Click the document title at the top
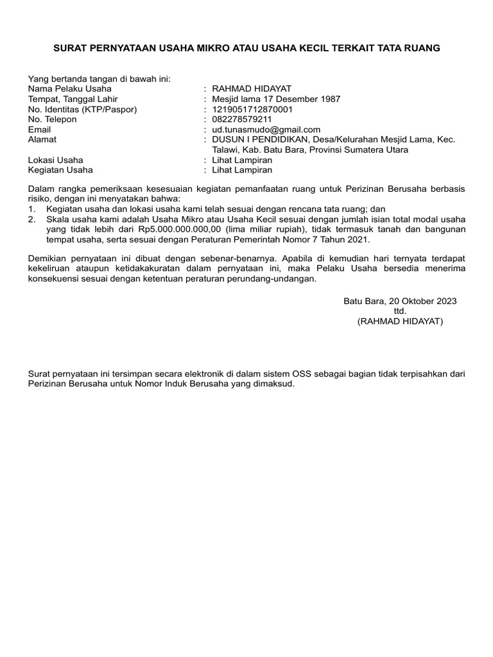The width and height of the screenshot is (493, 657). pyautogui.click(x=246, y=48)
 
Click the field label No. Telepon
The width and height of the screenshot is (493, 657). pyautogui.click(x=53, y=119)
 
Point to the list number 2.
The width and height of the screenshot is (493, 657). pyautogui.click(x=31, y=219)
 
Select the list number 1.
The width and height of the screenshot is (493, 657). pyautogui.click(x=31, y=209)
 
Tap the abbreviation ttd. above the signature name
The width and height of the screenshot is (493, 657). pyautogui.click(x=400, y=311)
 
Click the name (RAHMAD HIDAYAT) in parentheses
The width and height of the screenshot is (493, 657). pyautogui.click(x=400, y=321)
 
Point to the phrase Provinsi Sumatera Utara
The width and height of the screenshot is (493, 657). pyautogui.click(x=359, y=149)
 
